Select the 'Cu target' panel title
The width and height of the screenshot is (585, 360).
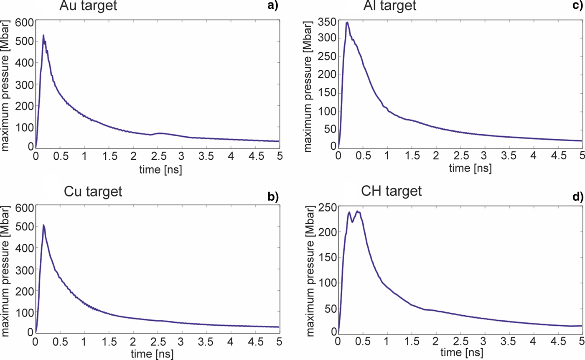pos(93,192)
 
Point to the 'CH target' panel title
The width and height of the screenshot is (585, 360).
pos(392,192)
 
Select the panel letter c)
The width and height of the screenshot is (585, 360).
pos(577,5)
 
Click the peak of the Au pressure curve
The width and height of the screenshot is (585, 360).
pos(43,35)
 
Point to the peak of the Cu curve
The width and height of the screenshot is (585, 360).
pos(43,225)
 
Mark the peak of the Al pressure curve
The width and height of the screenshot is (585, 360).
pos(347,22)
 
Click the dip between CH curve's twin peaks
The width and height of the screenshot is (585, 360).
pos(352,222)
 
